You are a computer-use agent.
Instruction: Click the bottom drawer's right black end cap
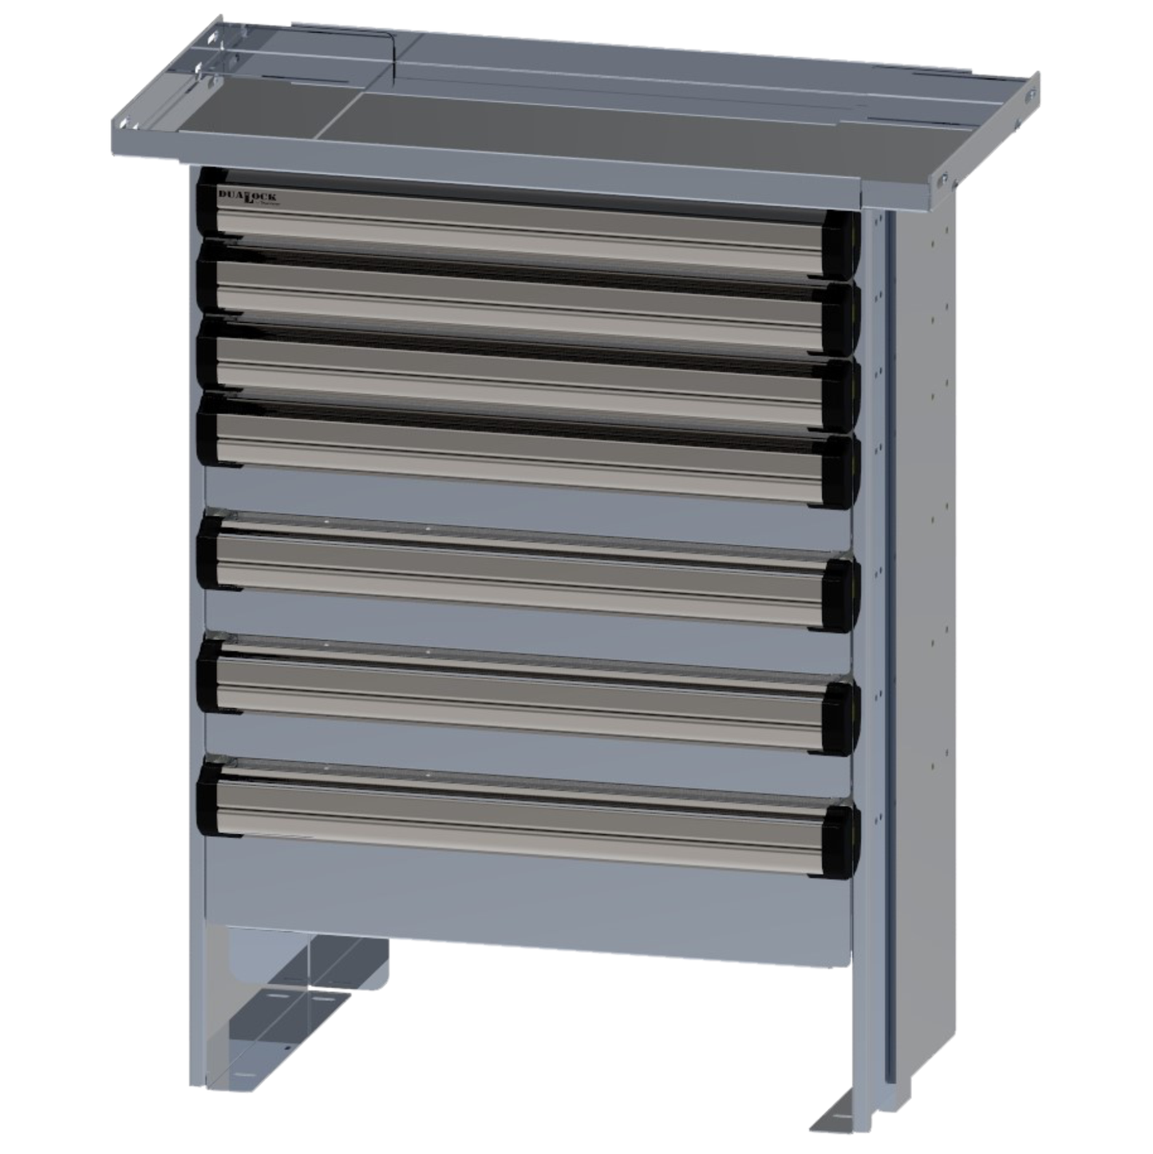[x=843, y=840]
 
